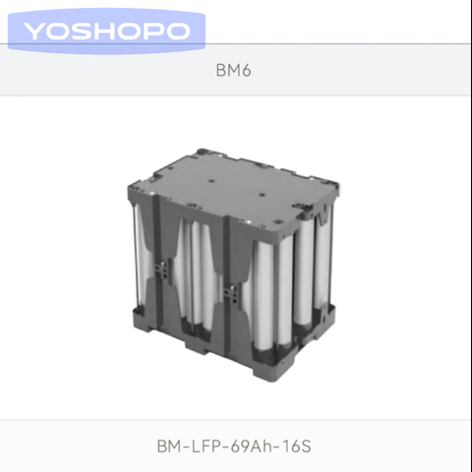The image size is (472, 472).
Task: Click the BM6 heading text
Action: (233, 70)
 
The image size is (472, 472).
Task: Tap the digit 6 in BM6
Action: (246, 70)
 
